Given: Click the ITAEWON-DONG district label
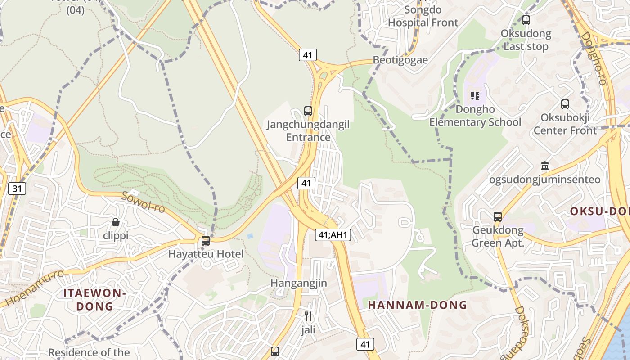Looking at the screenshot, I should (94, 300).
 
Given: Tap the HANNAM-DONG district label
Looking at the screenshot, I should (418, 305).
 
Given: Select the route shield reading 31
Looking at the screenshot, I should (17, 188).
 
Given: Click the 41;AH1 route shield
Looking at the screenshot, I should (333, 234).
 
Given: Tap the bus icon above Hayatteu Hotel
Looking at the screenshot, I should (206, 241).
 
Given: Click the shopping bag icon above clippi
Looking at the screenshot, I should (116, 222).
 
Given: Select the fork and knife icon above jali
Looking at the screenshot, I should (308, 316).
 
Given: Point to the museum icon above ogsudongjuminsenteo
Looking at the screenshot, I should (545, 166).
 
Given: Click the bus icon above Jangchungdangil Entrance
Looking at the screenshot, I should (308, 111).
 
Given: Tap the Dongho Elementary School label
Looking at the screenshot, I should (475, 116).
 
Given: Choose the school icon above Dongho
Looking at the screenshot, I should (475, 96).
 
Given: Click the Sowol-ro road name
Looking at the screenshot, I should (143, 202).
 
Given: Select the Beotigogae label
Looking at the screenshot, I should (400, 60).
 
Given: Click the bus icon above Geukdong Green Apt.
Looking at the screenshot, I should (498, 216).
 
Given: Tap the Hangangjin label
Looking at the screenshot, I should (299, 283).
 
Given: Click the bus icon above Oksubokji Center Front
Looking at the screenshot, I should (565, 104).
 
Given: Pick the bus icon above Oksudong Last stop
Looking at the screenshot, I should (526, 20).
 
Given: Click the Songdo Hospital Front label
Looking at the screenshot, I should (423, 16).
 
